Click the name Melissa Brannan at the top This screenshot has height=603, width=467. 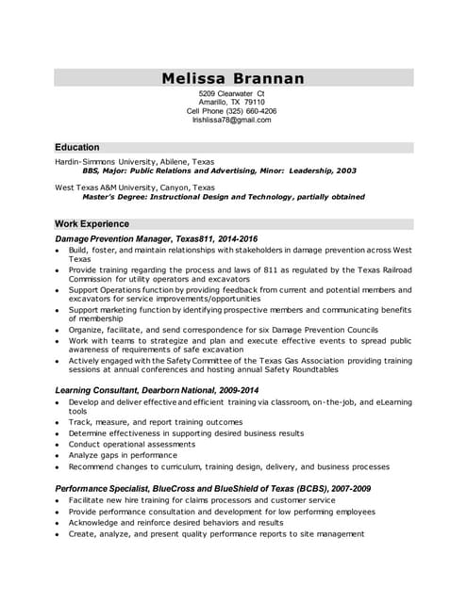coord(233,77)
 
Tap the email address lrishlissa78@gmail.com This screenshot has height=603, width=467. coord(232,120)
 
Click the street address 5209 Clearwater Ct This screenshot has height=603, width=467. coord(232,94)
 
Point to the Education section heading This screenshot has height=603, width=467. coord(77,147)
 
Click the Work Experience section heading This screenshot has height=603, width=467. coord(92,223)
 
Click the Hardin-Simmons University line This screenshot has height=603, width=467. coord(134,161)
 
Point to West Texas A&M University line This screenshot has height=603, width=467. coord(135,187)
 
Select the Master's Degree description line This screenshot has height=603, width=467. coord(223,197)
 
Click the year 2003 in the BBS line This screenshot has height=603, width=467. coord(346,171)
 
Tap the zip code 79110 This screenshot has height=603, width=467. coord(251,102)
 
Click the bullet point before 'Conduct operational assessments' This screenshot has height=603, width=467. coord(58,444)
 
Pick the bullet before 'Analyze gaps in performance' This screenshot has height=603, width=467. coord(58,455)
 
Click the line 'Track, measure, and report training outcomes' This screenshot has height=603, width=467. coord(156,422)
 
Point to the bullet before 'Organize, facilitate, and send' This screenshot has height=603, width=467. coord(58,330)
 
